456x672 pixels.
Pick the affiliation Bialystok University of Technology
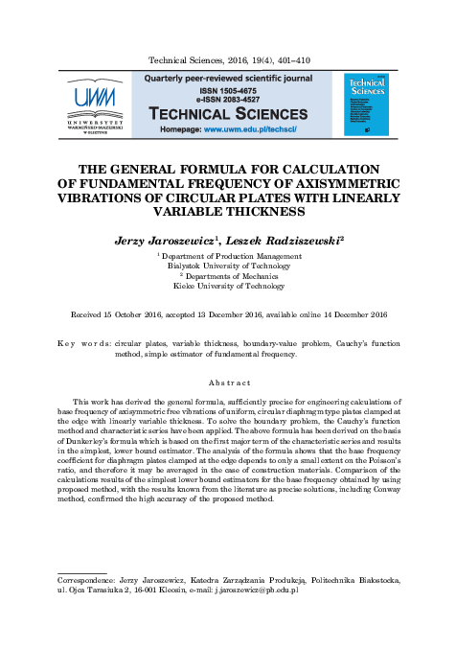point(227,266)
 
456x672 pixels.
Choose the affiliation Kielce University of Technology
point(228,286)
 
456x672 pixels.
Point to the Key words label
point(84,342)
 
